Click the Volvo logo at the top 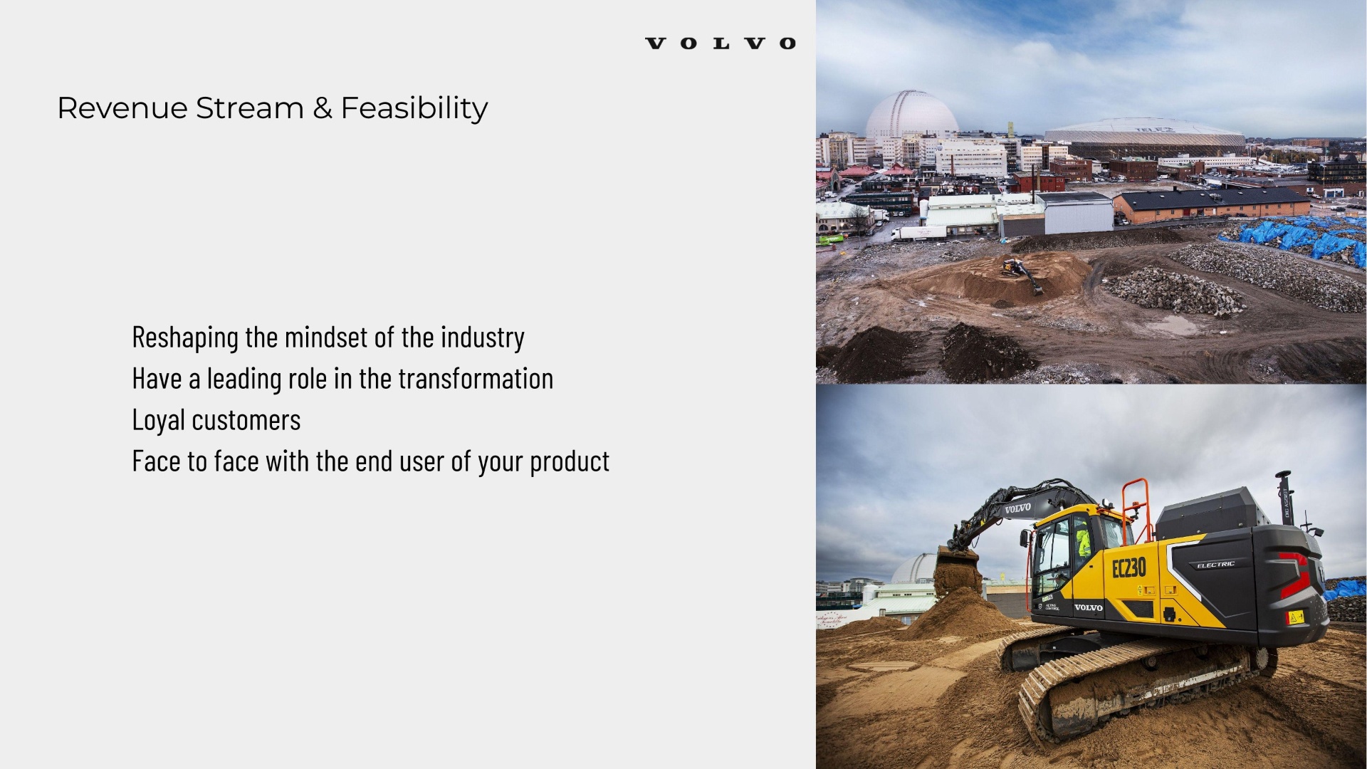[x=720, y=43]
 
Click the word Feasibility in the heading [x=414, y=108]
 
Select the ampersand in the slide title [x=323, y=108]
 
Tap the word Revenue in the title [x=122, y=108]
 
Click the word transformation [x=476, y=379]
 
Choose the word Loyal [x=158, y=420]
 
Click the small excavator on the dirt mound [x=1020, y=271]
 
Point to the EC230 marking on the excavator [x=1129, y=567]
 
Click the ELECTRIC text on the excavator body [x=1215, y=565]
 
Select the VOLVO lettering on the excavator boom [x=1017, y=508]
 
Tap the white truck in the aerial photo [x=918, y=232]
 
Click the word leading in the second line [x=244, y=379]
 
